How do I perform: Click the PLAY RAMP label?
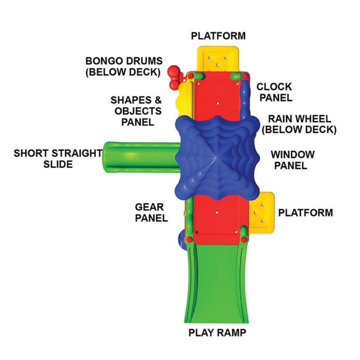click(x=217, y=332)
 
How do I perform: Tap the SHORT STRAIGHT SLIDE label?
click(x=58, y=159)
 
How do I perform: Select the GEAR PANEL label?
click(x=151, y=212)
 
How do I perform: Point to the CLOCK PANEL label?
click(x=274, y=92)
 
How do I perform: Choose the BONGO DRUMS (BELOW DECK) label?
click(x=123, y=66)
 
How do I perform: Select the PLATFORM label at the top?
click(x=218, y=36)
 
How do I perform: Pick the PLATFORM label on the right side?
click(x=305, y=212)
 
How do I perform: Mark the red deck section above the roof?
click(x=217, y=97)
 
